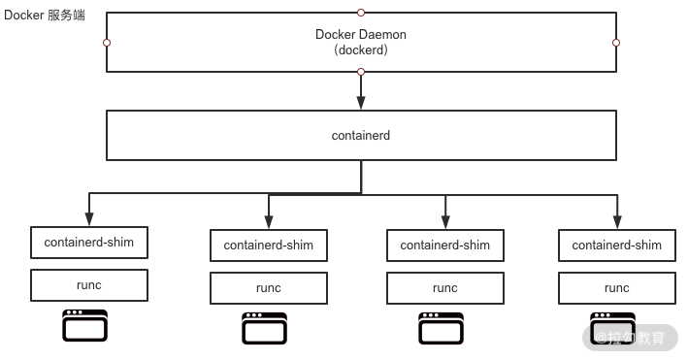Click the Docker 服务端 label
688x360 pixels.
[x=45, y=16]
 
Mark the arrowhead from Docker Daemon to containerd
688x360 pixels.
[x=361, y=103]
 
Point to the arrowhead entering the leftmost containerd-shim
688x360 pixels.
[x=89, y=219]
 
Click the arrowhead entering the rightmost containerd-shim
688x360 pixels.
[x=617, y=222]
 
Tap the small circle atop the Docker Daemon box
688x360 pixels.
[x=361, y=13]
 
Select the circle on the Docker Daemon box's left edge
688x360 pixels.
[x=107, y=43]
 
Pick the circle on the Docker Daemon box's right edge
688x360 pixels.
[x=616, y=43]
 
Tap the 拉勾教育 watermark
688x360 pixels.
[x=630, y=338]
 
